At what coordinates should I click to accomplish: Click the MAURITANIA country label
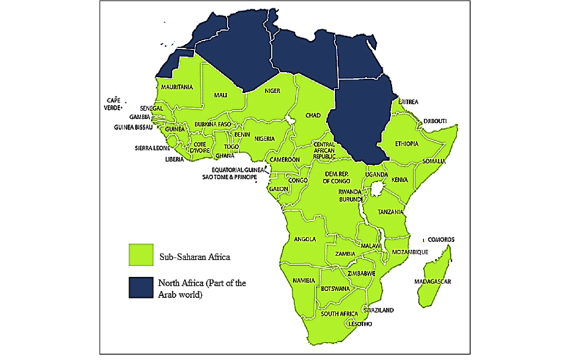pos(176,87)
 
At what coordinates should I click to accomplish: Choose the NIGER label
pos(272,91)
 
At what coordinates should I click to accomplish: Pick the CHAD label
pos(313,115)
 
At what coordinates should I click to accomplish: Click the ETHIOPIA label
pos(406,144)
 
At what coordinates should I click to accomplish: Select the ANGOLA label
pos(305,239)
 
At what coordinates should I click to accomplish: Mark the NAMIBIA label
pos(304,280)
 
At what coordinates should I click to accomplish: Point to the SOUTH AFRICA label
pos(337,313)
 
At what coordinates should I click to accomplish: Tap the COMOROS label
pos(441,240)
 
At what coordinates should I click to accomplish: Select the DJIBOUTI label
pos(435,121)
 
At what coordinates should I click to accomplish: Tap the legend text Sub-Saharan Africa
pos(191,255)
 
